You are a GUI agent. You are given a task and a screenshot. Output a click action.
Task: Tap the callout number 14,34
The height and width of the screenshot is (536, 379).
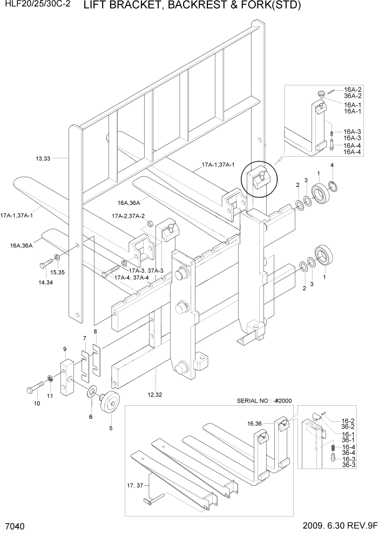click(x=46, y=282)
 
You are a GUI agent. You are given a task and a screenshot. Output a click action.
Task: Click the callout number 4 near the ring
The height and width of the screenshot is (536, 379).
click(x=331, y=165)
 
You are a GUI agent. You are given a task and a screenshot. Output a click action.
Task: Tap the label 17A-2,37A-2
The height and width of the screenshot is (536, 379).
click(x=128, y=216)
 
